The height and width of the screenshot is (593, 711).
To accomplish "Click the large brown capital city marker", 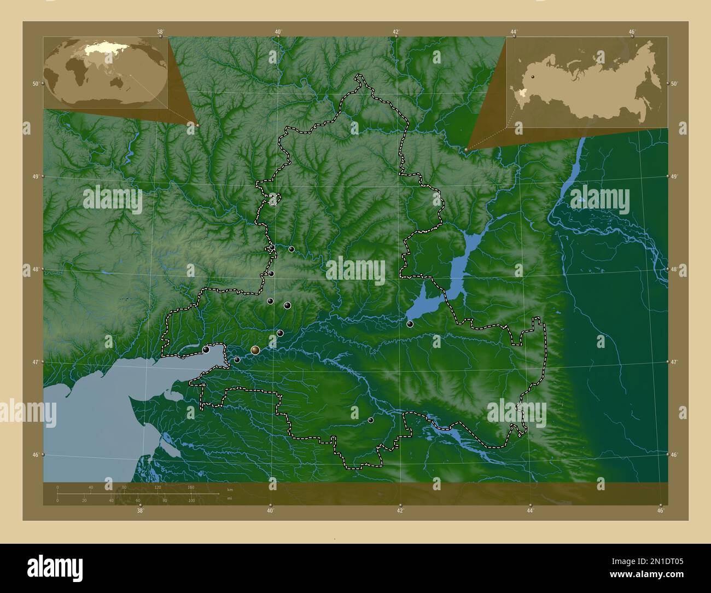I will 255,350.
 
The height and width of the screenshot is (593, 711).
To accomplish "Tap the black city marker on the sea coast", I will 206,350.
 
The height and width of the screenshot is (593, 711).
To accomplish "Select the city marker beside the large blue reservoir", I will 410,324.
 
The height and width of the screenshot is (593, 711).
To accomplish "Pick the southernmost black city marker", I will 371,420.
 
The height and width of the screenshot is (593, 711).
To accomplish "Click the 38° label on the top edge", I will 160,32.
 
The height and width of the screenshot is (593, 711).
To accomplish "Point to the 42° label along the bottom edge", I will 400,511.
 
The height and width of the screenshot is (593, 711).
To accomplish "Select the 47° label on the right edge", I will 674,362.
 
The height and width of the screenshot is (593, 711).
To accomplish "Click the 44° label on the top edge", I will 514,32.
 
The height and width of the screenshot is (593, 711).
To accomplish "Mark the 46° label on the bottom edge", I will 661,511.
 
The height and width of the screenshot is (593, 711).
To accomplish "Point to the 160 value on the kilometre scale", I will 191,487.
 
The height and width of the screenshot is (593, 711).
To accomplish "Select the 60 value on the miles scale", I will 138,501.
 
